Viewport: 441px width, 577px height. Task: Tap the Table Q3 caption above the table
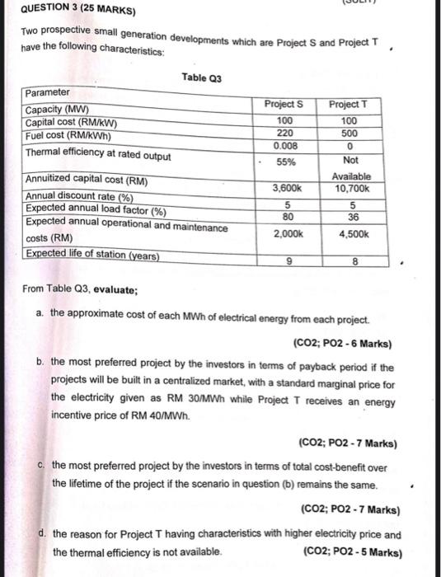point(202,78)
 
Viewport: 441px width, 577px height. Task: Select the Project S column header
point(284,104)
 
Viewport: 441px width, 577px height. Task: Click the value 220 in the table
point(284,132)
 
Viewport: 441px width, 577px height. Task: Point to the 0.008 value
point(284,145)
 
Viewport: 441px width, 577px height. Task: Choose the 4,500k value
point(350,233)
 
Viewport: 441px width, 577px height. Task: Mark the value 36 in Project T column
point(350,218)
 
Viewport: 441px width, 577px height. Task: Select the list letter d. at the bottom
point(42,534)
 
